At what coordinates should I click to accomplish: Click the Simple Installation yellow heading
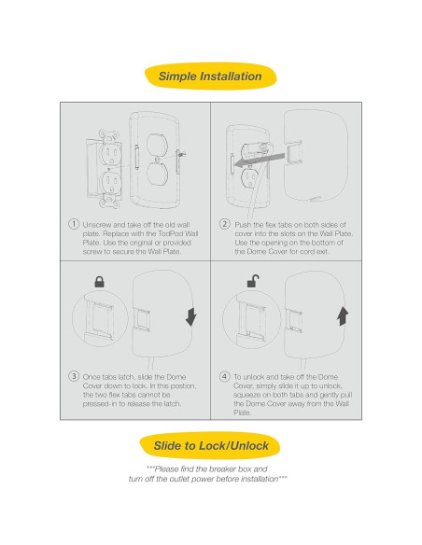point(210,77)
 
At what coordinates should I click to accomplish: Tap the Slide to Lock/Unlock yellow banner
point(210,445)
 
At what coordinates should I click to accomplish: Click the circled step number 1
point(74,224)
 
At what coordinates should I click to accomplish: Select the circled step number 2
point(225,224)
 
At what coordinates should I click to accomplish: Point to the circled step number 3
point(74,376)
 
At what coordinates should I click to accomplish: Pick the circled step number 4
point(225,376)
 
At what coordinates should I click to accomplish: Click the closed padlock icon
point(99,282)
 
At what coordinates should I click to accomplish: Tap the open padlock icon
point(253,281)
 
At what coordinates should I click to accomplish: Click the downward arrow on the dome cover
point(190,316)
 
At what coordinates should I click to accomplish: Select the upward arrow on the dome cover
point(343,316)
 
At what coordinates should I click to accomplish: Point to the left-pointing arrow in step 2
point(260,161)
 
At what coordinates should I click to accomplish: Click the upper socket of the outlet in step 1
point(111,154)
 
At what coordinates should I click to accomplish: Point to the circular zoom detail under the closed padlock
point(100,319)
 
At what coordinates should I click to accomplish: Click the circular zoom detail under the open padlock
point(251,320)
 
